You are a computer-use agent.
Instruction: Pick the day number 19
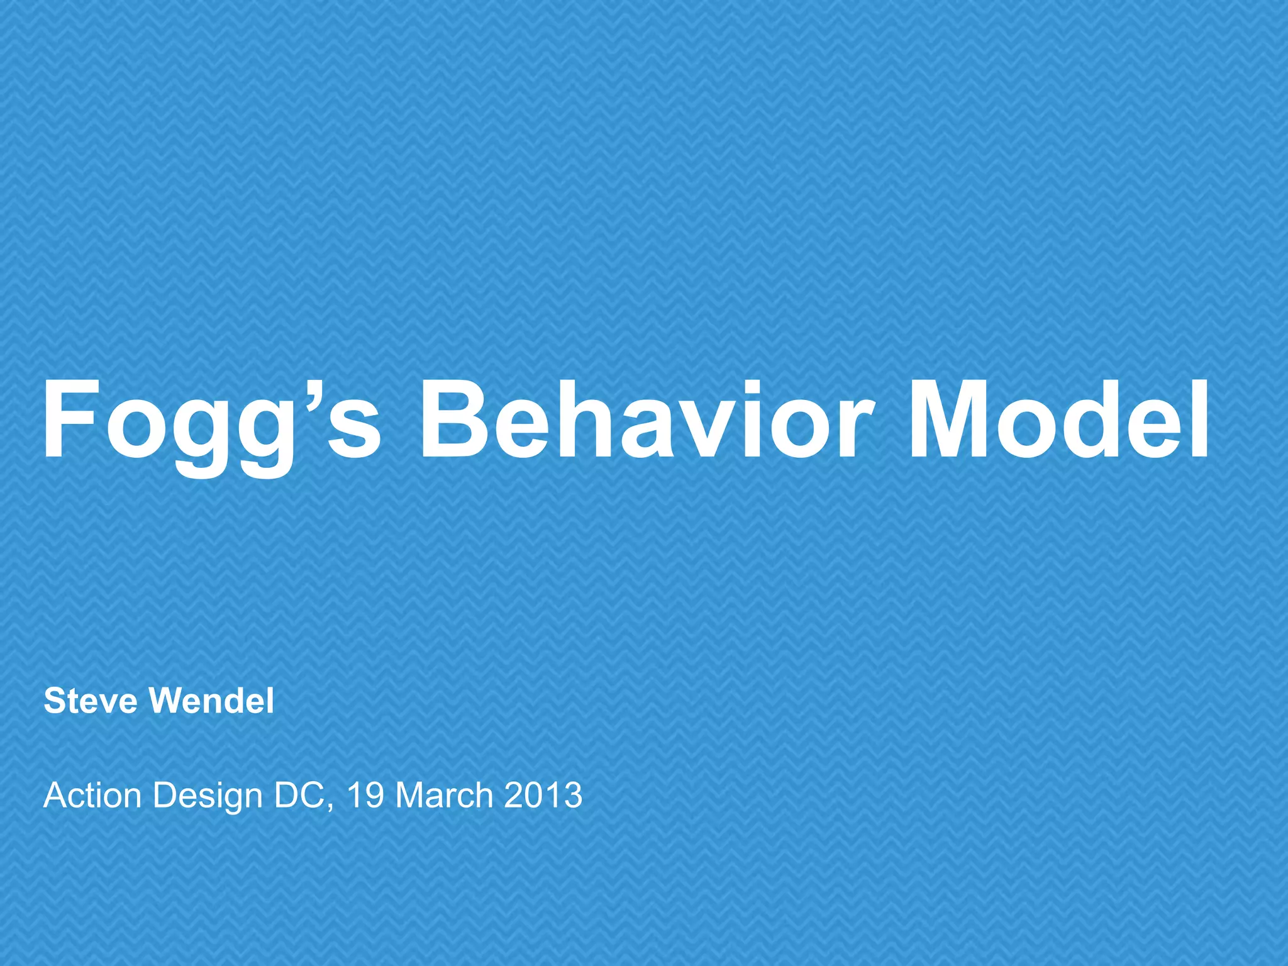[365, 796]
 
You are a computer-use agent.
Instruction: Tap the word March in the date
[444, 796]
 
